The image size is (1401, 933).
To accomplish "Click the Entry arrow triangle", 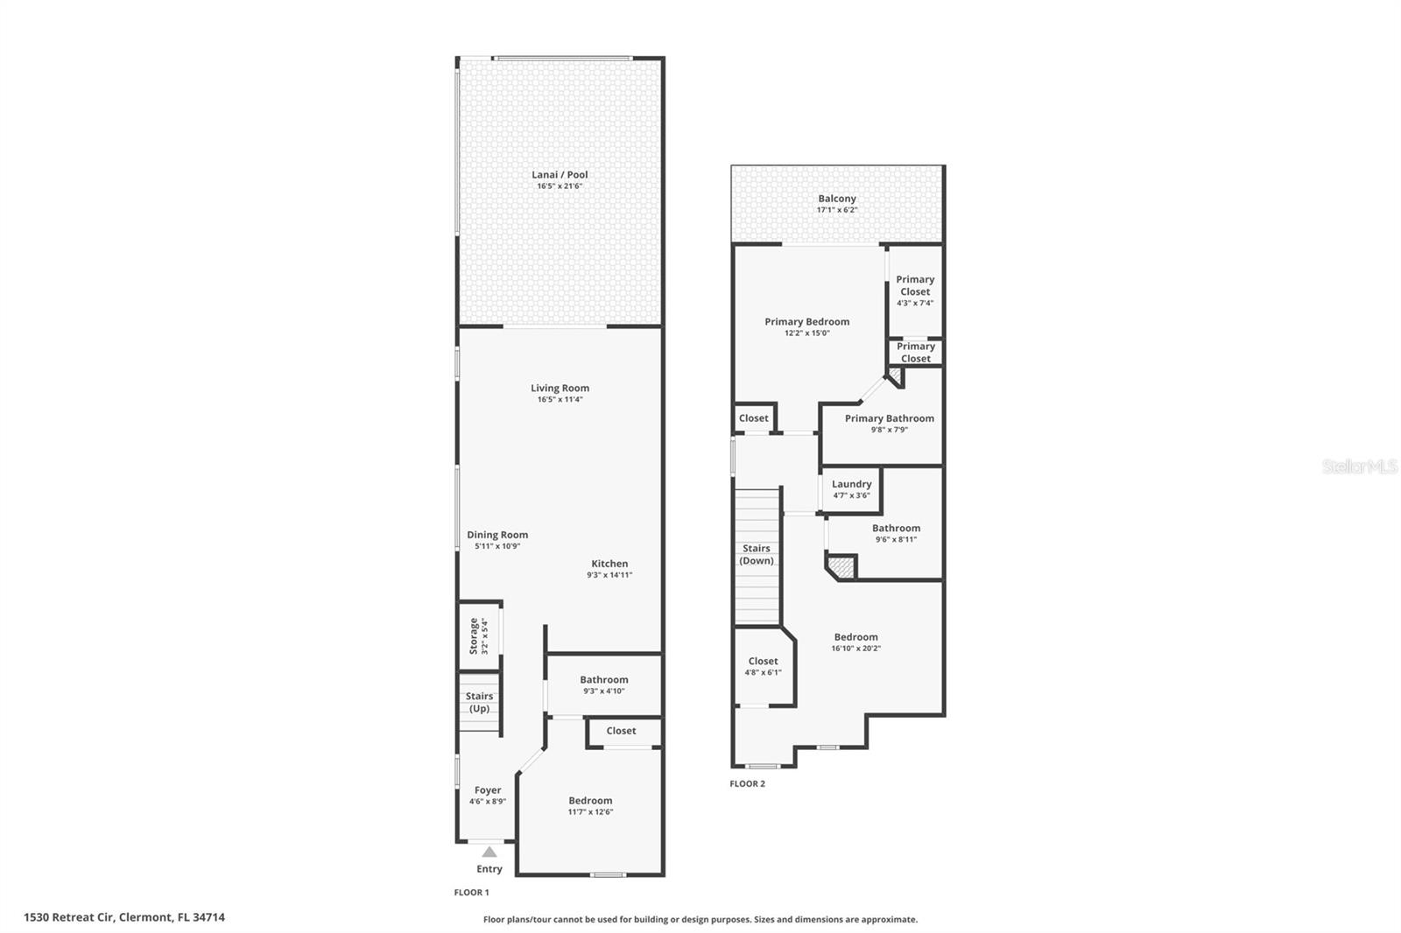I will point(489,852).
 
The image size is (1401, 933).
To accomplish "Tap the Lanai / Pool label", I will point(560,175).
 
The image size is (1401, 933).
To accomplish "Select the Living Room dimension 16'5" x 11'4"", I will point(560,400).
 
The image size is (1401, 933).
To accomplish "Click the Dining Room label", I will point(497,535).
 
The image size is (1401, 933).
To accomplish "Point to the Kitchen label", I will point(609,564).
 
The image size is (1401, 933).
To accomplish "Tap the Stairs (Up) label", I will point(479,703).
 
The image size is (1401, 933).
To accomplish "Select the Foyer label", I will point(488,790).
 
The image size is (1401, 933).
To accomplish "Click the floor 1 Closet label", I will point(621,731).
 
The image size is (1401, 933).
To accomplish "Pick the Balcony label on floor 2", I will point(837,199).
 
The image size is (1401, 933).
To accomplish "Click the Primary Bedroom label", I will point(806,322).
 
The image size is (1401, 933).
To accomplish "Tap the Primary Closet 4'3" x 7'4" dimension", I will point(915,303).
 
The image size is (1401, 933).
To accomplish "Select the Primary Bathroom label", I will point(889,418).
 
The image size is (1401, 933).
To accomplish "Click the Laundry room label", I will point(851,484).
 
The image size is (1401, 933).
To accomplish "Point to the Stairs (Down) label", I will point(757,555).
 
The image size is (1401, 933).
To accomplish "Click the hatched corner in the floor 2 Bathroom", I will point(842,567).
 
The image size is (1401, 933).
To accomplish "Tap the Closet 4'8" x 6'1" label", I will point(763,662).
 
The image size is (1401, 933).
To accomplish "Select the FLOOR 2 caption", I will point(747,784).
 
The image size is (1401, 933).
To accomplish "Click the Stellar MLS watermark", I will point(1359,467).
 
